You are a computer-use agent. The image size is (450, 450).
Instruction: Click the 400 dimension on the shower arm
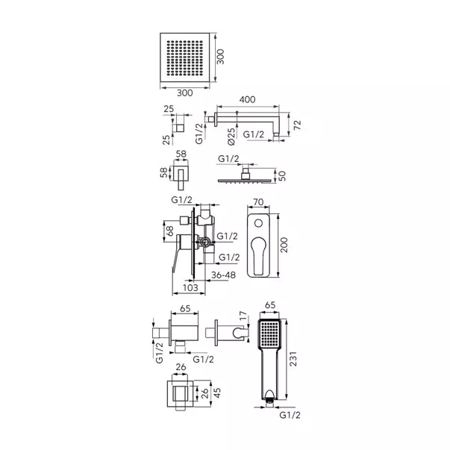[x=247, y=99]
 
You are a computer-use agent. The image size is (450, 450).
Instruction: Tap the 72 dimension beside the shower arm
[x=298, y=125]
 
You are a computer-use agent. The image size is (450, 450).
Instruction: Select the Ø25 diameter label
[x=231, y=137]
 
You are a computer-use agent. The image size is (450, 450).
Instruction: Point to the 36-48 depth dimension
[x=223, y=275]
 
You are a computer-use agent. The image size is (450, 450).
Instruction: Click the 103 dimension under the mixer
[x=190, y=287]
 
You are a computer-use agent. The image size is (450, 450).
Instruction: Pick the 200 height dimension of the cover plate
[x=284, y=245]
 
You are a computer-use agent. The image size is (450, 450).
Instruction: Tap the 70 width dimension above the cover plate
[x=258, y=202]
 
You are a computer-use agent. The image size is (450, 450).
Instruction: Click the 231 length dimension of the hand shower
[x=293, y=359]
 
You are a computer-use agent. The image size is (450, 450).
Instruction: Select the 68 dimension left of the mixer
[x=170, y=231]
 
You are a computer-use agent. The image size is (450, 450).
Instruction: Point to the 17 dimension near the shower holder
[x=243, y=316]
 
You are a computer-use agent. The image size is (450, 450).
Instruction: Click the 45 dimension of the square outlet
[x=217, y=393]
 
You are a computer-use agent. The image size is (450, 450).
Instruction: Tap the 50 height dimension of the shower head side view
[x=282, y=175]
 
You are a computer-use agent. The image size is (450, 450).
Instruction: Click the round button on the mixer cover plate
[x=258, y=223]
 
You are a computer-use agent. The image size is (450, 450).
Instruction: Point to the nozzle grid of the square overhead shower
[x=185, y=58]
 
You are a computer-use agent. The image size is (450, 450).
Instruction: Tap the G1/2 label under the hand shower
[x=290, y=415]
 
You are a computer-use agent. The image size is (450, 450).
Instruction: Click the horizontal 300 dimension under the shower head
[x=185, y=93]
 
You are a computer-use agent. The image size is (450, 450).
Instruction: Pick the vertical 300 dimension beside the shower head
[x=220, y=57]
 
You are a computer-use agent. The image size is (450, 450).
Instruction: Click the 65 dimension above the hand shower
[x=269, y=304]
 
